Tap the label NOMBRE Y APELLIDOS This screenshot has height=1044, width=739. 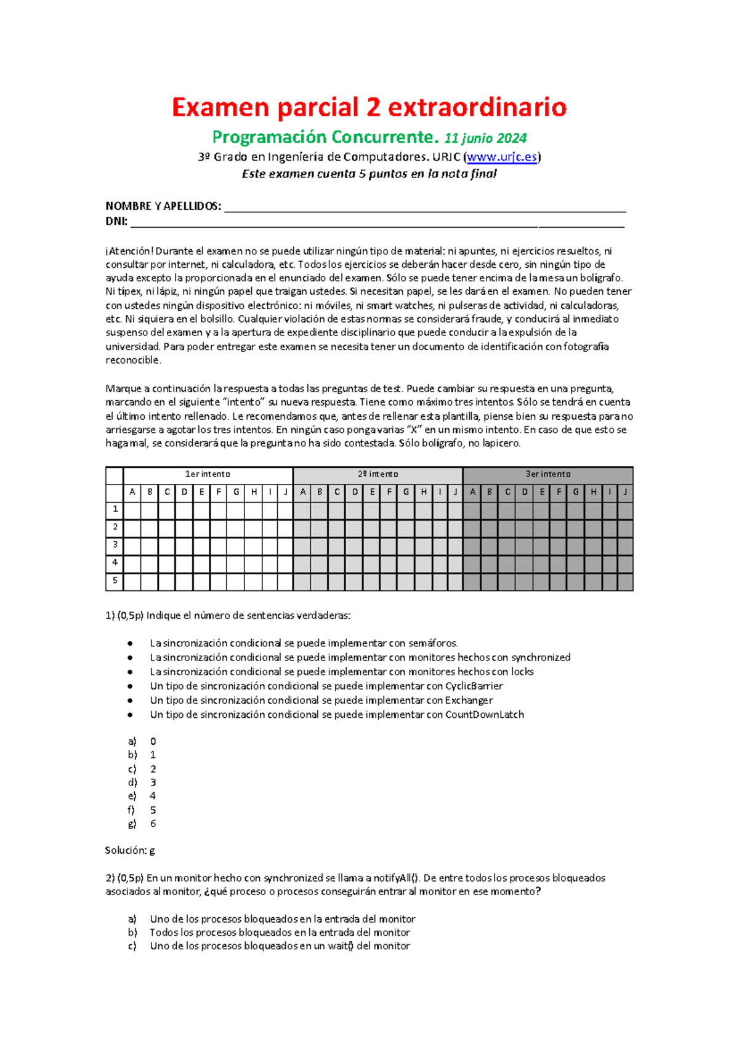(x=163, y=206)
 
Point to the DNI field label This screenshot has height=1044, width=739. (x=116, y=222)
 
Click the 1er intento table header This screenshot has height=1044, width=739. (x=208, y=475)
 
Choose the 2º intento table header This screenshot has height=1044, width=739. (x=378, y=475)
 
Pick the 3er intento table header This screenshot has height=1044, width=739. (x=547, y=475)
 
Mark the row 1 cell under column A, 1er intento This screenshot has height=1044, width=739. (x=132, y=510)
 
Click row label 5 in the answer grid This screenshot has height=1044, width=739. (x=115, y=580)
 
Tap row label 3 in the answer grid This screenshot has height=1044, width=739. (x=115, y=545)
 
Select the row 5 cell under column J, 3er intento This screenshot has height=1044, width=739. (x=625, y=582)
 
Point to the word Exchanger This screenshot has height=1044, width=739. (x=469, y=701)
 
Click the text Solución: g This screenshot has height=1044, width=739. (x=130, y=851)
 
